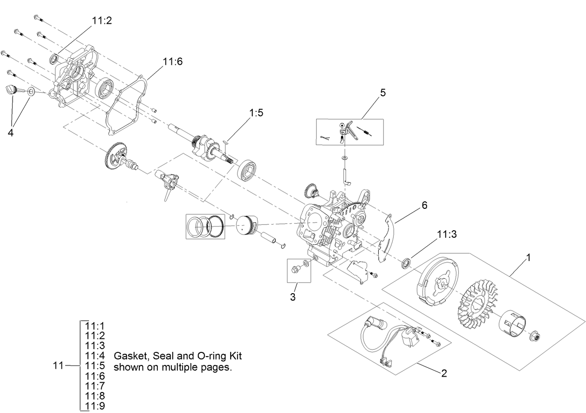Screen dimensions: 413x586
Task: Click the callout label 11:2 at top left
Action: (x=102, y=21)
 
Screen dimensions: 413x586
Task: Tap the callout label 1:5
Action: (x=256, y=113)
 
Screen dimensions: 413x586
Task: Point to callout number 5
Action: (x=382, y=92)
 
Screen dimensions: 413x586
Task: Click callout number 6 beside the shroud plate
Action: (x=424, y=205)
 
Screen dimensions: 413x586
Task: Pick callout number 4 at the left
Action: (x=10, y=132)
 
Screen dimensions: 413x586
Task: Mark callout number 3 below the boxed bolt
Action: (x=293, y=297)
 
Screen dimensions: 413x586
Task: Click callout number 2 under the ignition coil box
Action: (x=444, y=373)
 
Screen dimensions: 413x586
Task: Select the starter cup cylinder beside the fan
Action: (x=515, y=327)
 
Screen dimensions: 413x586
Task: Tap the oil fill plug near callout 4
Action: (x=13, y=90)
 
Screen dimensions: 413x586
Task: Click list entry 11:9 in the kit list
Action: (x=95, y=406)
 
